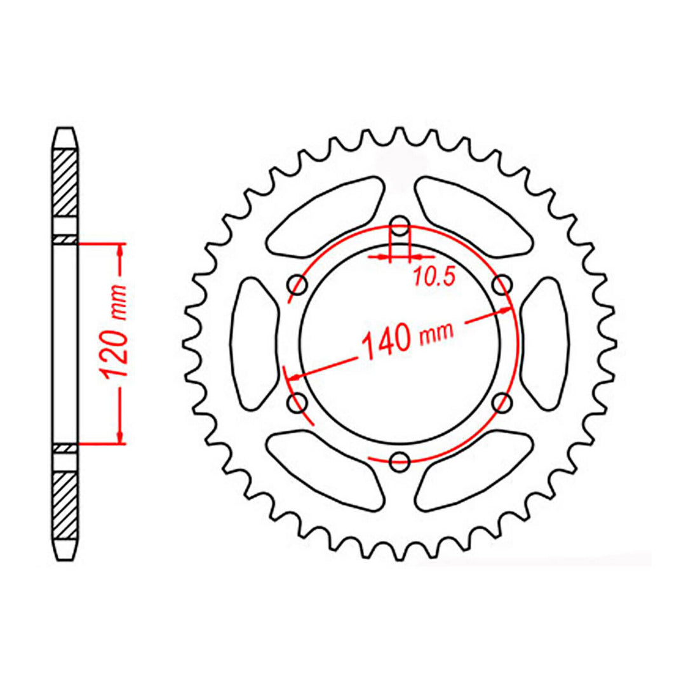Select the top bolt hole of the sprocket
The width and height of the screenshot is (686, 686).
pos(400,224)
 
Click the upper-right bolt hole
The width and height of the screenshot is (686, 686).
pos(502,284)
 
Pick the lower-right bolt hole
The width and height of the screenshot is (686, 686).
pos(502,402)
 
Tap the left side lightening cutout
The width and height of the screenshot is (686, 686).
pos(254,343)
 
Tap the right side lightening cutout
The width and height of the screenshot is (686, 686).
pos(544,343)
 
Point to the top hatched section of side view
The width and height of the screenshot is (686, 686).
pos(66,182)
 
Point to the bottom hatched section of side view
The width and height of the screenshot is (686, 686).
pos(66,504)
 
